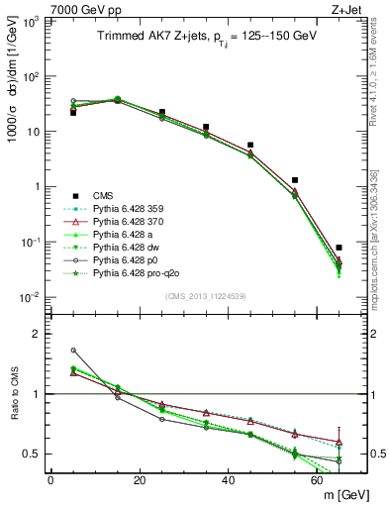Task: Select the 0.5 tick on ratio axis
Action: point(34,455)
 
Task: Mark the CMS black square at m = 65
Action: point(340,248)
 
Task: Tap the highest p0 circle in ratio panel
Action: point(73,350)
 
